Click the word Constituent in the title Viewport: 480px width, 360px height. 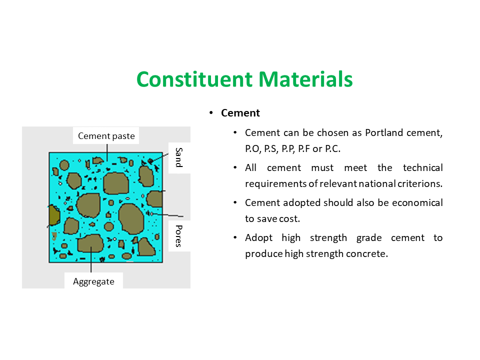point(194,79)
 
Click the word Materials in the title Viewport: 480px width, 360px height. point(305,79)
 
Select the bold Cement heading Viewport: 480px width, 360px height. point(240,113)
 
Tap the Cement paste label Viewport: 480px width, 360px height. point(106,136)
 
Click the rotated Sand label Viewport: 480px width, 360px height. point(179,157)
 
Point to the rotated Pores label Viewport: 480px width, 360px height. point(179,236)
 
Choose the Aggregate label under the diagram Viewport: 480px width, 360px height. point(93,281)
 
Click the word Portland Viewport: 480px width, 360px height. point(384,132)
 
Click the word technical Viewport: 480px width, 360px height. point(423,168)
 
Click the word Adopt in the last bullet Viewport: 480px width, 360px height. point(258,238)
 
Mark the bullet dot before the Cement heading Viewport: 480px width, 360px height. point(211,113)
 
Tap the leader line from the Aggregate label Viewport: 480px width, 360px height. point(91,259)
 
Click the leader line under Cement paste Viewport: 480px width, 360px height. point(107,152)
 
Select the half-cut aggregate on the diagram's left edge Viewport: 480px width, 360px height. point(54,215)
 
